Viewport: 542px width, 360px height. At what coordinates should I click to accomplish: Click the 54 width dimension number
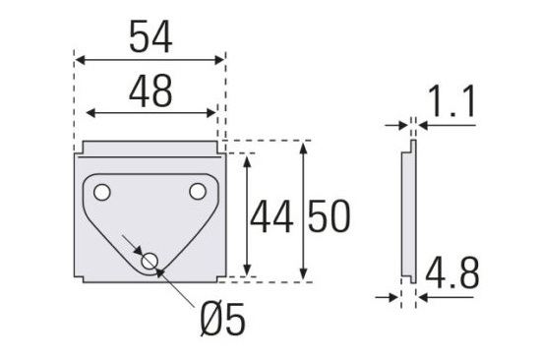(x=151, y=36)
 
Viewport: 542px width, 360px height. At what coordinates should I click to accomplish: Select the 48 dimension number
(x=151, y=90)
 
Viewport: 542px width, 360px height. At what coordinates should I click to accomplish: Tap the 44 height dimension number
(x=271, y=217)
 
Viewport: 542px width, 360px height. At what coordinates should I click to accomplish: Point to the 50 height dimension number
(x=330, y=215)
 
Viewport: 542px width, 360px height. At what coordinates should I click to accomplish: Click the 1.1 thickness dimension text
(x=452, y=101)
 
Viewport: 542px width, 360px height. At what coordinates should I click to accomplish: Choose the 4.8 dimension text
(x=452, y=272)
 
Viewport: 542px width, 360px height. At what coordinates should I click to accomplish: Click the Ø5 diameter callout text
(x=223, y=319)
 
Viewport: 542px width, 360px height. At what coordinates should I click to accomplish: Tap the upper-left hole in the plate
(x=102, y=192)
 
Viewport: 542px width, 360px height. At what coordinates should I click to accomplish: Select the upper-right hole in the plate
(x=198, y=192)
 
